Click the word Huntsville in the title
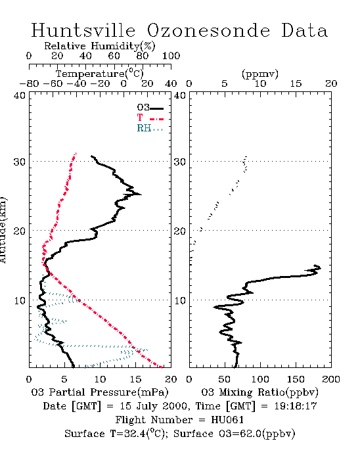tap(83, 30)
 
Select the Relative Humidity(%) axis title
tap(100, 46)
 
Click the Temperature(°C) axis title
tap(100, 73)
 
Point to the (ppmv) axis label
tap(260, 74)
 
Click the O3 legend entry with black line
tap(150, 108)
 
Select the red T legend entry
tap(150, 118)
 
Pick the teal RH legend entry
tap(150, 128)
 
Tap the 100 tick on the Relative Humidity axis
tap(171, 56)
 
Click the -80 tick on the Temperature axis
tap(29, 84)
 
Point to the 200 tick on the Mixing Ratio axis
tap(331, 379)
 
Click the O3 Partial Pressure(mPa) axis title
tap(100, 392)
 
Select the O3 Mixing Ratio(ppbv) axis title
tap(259, 392)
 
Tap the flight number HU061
tap(227, 420)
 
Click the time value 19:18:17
tap(296, 406)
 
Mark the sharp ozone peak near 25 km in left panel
tap(141, 195)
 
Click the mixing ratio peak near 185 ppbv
tap(321, 267)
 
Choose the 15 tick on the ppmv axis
tap(296, 84)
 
